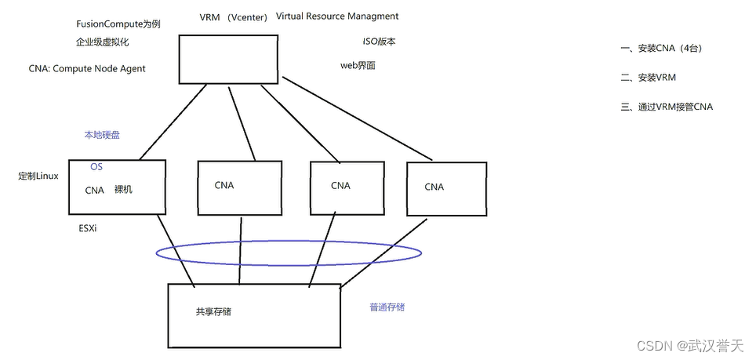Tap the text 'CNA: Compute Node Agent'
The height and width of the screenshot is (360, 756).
[87, 69]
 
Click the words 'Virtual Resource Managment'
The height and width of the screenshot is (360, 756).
[337, 16]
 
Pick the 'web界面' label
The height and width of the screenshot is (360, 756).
[358, 66]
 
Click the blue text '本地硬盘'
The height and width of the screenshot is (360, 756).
[102, 135]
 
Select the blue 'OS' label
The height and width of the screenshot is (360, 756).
[96, 167]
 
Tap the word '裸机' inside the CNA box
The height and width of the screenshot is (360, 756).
[123, 189]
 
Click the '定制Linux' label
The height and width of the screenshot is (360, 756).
[38, 176]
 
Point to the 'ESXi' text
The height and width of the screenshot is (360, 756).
[88, 228]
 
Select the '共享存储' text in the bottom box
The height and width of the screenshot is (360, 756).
[213, 312]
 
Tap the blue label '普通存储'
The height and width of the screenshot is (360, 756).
[387, 307]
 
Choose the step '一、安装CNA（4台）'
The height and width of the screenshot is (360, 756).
[660, 49]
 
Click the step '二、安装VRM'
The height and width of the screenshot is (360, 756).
[648, 78]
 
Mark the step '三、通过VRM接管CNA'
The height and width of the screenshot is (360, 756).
[667, 107]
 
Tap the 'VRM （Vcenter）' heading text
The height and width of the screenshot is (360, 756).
[234, 17]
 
